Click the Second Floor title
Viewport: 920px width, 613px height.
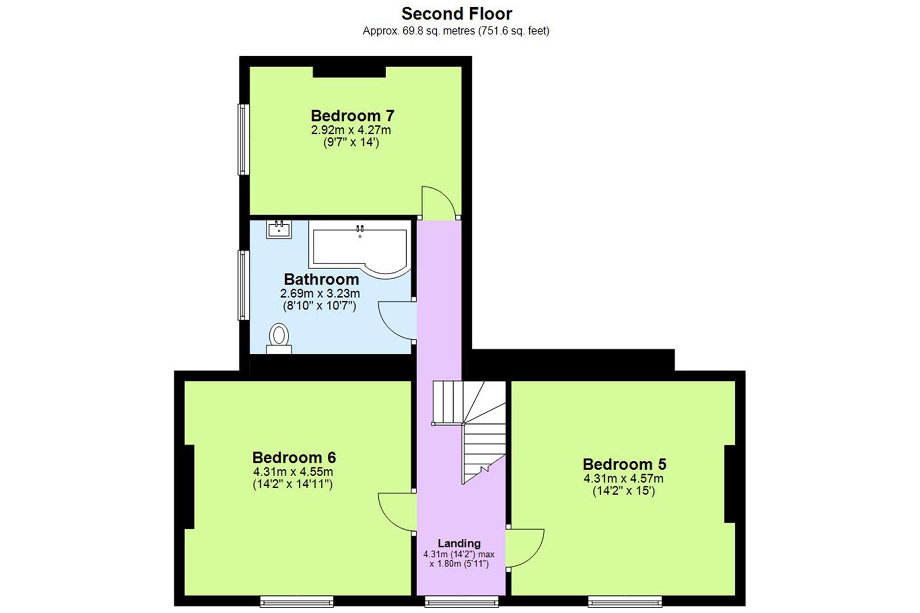tap(457, 14)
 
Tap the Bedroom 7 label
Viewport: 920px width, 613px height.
tap(352, 116)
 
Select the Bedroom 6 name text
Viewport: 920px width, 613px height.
tap(294, 457)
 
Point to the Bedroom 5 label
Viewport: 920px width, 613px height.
tap(624, 464)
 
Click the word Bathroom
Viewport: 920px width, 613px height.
tap(321, 279)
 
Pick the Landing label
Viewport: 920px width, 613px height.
tap(459, 543)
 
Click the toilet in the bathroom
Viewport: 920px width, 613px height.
tap(279, 338)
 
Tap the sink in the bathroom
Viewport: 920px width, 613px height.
tap(279, 230)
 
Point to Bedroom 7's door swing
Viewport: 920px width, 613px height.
tap(438, 202)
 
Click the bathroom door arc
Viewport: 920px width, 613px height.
tap(395, 321)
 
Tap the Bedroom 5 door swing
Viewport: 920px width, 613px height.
tap(526, 548)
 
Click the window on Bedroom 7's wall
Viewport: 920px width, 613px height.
tap(242, 139)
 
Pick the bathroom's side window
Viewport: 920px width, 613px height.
tap(242, 285)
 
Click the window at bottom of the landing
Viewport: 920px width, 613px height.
tap(461, 601)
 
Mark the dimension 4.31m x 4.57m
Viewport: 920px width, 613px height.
tap(624, 478)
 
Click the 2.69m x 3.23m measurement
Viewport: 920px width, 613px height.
tap(320, 294)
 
